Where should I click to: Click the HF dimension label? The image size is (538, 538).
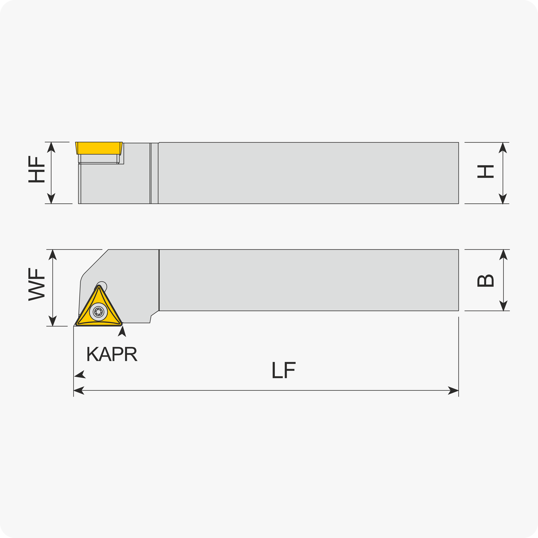point(36,169)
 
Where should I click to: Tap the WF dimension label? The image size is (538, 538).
point(36,284)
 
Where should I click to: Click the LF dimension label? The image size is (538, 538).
point(284,370)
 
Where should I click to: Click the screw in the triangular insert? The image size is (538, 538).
point(98,312)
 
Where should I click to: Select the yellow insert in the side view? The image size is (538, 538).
point(99,148)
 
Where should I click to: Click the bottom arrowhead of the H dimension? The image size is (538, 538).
point(503,199)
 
